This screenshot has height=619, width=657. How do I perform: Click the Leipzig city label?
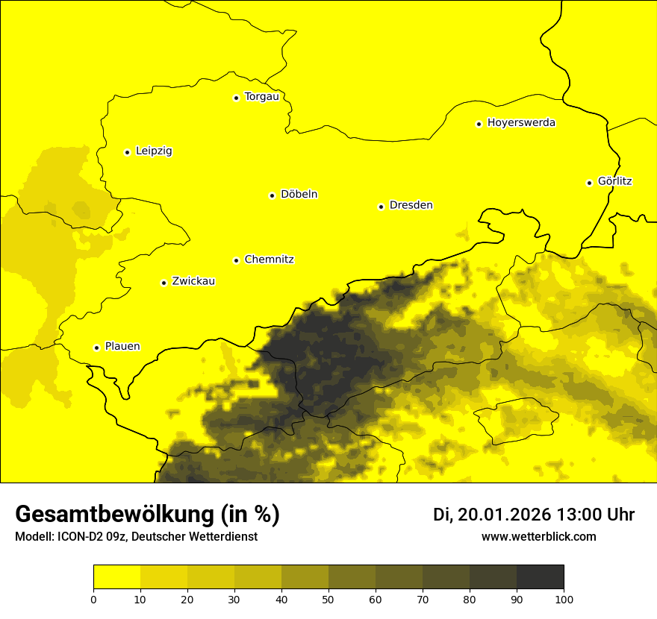click(154, 151)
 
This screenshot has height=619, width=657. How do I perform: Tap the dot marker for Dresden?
click(381, 207)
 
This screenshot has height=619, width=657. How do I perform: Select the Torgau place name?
click(261, 97)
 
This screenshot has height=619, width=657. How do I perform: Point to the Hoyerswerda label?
click(521, 123)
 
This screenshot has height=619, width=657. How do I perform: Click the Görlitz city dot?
click(589, 183)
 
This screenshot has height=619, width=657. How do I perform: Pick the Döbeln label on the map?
click(299, 195)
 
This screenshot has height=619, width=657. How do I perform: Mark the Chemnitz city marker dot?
click(236, 260)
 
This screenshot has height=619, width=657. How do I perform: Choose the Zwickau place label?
click(193, 282)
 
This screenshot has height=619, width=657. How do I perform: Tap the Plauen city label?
click(122, 347)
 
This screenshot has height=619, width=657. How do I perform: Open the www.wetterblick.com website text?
click(538, 537)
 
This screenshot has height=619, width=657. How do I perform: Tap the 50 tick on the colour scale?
click(328, 599)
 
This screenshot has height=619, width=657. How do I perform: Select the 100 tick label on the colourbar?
click(564, 599)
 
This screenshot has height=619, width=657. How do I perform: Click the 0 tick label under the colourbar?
click(93, 599)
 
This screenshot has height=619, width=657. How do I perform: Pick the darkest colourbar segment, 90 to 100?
click(540, 577)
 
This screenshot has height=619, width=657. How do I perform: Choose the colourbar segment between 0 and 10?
click(116, 577)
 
